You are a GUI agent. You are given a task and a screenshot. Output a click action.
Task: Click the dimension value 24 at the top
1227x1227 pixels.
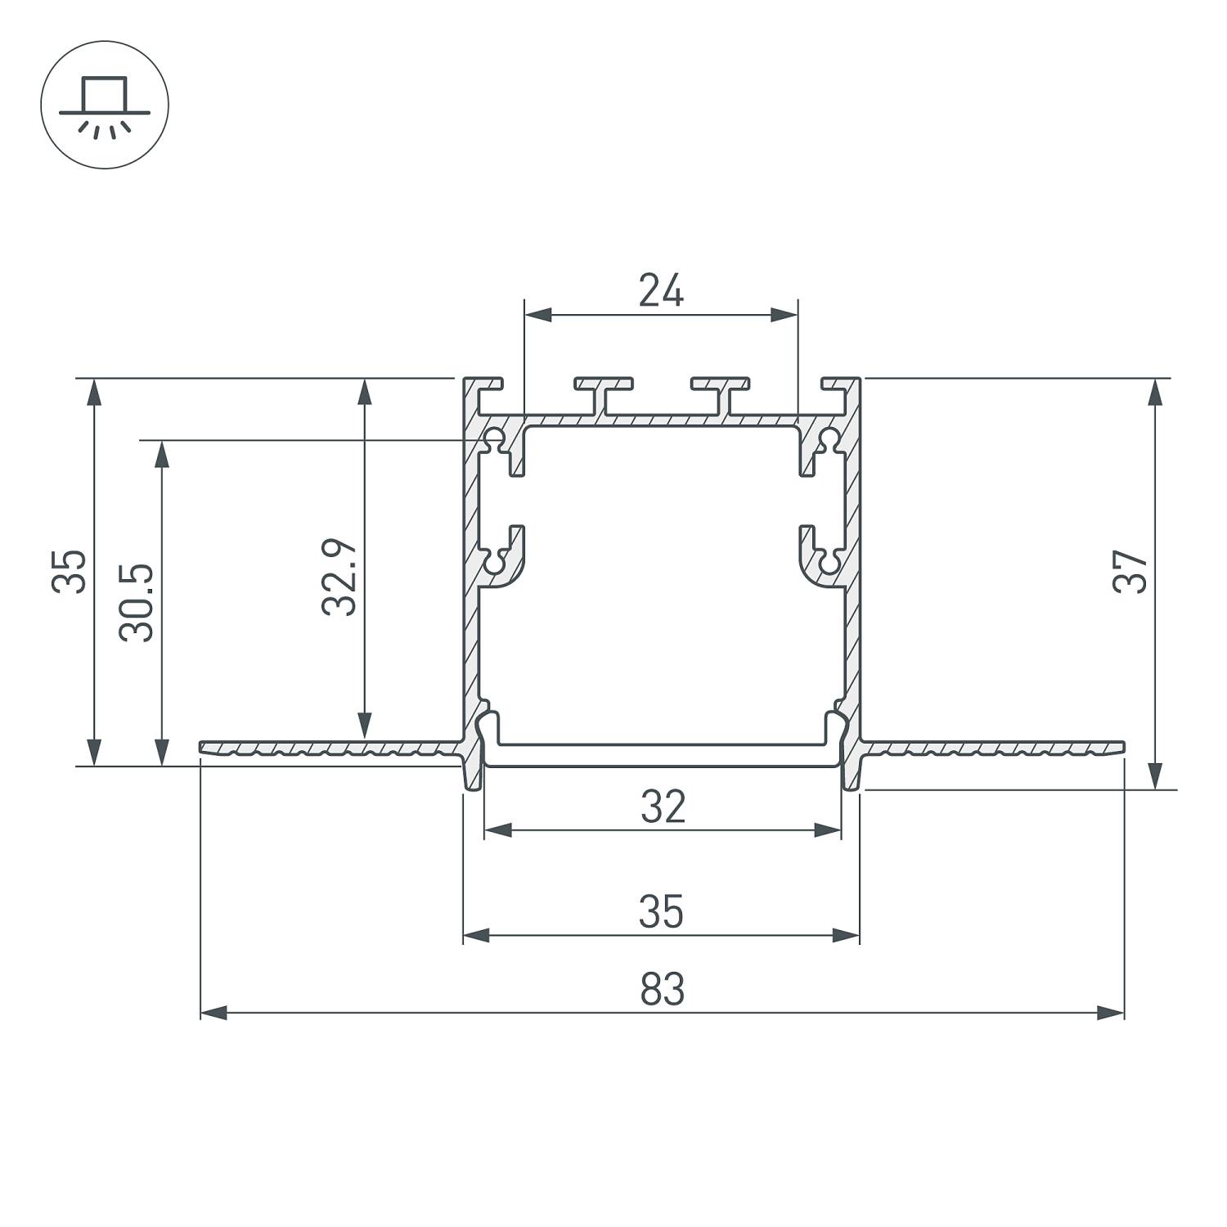(661, 291)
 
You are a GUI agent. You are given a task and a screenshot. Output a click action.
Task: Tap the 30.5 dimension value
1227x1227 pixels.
(137, 602)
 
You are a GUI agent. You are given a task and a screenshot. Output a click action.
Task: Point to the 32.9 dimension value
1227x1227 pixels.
(339, 577)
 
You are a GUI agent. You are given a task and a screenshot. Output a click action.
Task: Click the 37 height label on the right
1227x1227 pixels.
(1131, 572)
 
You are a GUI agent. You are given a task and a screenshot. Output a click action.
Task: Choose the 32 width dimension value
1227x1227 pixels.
(663, 807)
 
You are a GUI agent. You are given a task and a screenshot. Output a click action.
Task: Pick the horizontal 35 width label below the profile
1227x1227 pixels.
(661, 912)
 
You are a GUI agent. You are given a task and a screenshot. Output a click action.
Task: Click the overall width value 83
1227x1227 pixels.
(662, 990)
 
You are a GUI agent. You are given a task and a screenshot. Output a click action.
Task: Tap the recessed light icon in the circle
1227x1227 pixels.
(105, 105)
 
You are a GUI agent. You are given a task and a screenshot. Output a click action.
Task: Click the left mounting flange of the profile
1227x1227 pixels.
(327, 748)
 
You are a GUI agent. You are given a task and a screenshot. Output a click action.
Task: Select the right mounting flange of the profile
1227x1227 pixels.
(994, 748)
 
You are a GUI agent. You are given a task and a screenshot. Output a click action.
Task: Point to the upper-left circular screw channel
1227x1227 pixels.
(495, 439)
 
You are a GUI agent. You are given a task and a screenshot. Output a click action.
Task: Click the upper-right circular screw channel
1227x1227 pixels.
(829, 439)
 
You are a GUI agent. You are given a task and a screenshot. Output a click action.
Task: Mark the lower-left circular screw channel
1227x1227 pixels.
(495, 563)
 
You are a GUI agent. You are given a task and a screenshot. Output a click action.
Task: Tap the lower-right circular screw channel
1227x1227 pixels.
(829, 563)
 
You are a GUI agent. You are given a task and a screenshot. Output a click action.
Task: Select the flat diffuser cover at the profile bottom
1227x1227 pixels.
(663, 754)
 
